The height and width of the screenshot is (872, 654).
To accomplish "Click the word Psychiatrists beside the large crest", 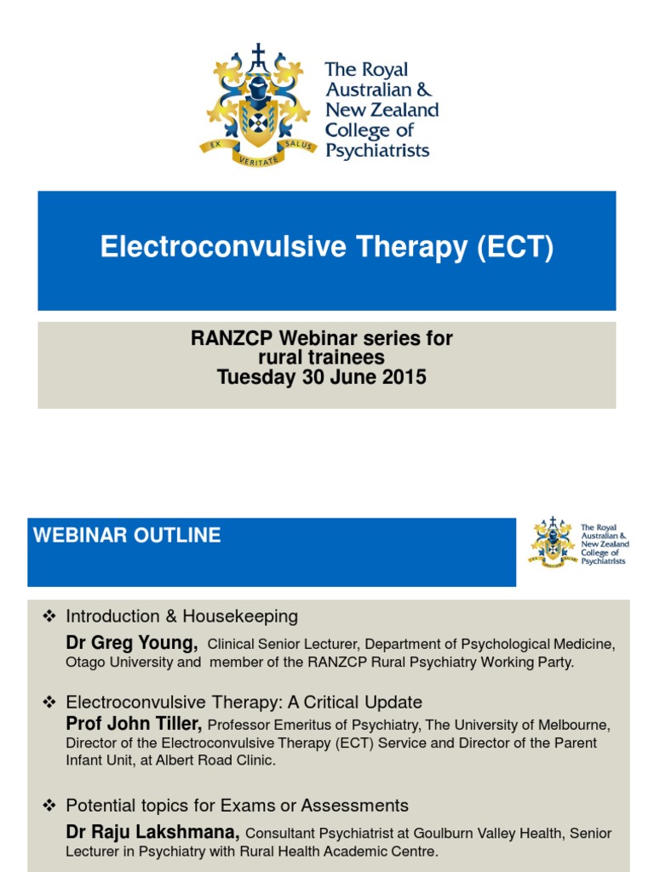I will [x=378, y=152].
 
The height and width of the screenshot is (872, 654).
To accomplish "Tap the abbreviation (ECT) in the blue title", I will [x=515, y=247].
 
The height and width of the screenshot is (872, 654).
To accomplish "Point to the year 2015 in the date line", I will [x=405, y=376].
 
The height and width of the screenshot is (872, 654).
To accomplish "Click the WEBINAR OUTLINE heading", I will [x=127, y=536].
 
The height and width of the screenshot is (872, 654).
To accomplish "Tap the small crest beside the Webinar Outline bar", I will [x=553, y=542].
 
